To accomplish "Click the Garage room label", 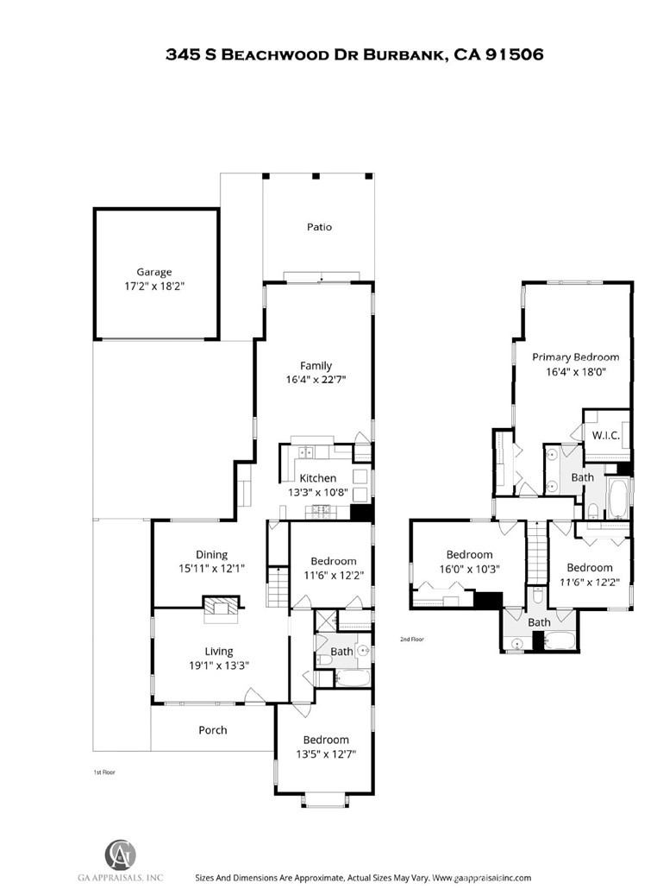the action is (x=154, y=272).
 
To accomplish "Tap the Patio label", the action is (x=319, y=227).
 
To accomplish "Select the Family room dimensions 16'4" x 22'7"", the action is (x=316, y=379).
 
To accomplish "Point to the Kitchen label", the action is (x=318, y=478).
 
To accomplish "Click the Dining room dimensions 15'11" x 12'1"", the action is (x=212, y=568).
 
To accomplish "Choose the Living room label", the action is (x=219, y=652).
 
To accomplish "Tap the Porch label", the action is (x=213, y=730).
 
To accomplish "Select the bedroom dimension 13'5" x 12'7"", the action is (x=326, y=754).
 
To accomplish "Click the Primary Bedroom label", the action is (x=575, y=357).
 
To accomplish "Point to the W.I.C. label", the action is (x=606, y=435).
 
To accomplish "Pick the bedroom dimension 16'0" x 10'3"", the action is (x=470, y=569).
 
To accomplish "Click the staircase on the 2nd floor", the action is (x=537, y=552).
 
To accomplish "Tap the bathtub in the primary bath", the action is (x=617, y=498).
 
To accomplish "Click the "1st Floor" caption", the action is (x=104, y=772).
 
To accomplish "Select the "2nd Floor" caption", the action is (x=412, y=639).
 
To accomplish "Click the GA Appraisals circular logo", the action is (x=121, y=854).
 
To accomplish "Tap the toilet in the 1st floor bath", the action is (x=324, y=659).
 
